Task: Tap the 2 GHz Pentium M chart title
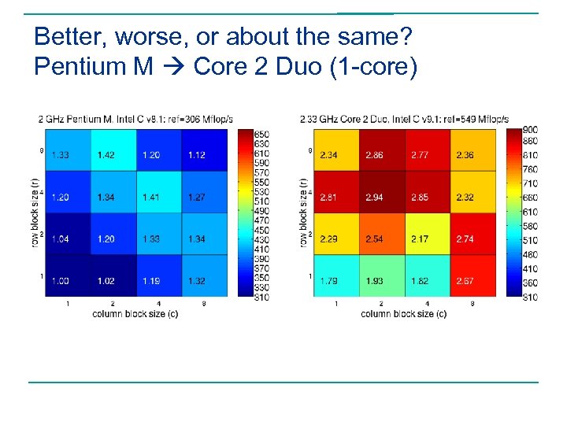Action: tap(135, 119)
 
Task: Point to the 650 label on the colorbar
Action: tap(262, 135)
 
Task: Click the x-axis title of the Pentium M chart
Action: tap(135, 313)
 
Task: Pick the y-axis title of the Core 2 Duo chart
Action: tap(303, 213)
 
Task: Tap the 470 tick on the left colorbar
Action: tap(262, 220)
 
